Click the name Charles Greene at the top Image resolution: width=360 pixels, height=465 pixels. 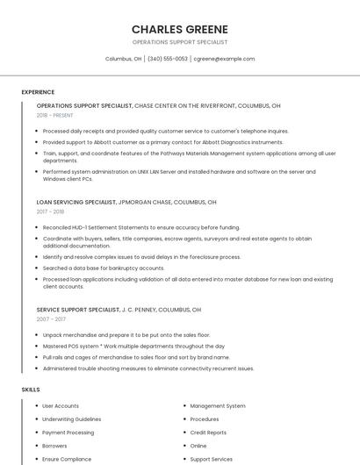(x=179, y=29)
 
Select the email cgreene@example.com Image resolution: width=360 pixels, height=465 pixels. (x=224, y=59)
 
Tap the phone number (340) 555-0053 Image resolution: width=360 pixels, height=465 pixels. (x=167, y=59)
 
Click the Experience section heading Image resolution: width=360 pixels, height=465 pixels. (x=38, y=92)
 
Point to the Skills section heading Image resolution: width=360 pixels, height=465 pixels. (x=31, y=389)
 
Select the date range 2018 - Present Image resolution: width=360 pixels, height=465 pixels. (x=54, y=115)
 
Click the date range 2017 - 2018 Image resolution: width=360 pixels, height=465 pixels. (x=50, y=211)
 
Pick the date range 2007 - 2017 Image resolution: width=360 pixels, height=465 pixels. (x=51, y=319)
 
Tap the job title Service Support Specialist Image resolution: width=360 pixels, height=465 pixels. (x=78, y=310)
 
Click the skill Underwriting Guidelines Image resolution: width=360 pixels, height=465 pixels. (x=72, y=419)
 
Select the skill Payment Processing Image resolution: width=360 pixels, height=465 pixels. (x=68, y=433)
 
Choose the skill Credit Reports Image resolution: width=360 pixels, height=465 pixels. (x=208, y=433)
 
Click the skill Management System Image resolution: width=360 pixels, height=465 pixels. (x=218, y=406)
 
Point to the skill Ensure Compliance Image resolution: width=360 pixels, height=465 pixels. (x=67, y=459)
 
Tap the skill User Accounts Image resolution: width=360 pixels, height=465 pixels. (x=61, y=406)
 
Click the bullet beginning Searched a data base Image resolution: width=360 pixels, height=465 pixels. (x=104, y=268)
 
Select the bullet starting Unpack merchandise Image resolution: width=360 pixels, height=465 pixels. (x=126, y=335)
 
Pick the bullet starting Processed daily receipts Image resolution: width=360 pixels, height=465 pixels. (x=165, y=131)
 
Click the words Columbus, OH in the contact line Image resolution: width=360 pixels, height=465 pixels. (x=123, y=59)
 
